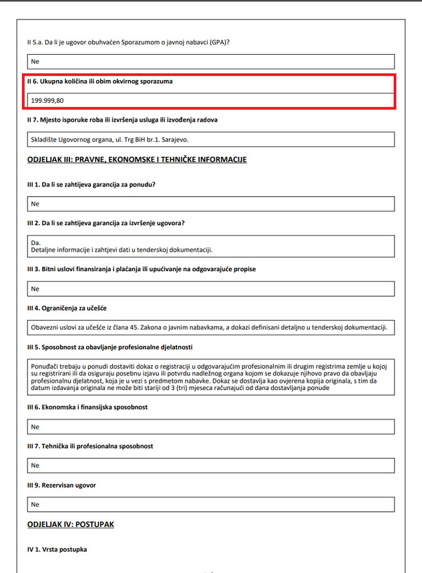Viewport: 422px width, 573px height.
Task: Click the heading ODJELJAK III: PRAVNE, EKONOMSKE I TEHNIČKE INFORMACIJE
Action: [x=137, y=160]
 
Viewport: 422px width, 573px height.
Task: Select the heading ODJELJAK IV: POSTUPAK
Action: [x=71, y=524]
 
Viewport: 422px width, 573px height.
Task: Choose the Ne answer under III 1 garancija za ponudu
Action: [x=35, y=204]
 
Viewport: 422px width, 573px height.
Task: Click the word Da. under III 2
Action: [x=36, y=242]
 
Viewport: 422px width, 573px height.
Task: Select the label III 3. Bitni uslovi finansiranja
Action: [x=141, y=269]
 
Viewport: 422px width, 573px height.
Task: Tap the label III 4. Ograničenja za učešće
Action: [x=67, y=308]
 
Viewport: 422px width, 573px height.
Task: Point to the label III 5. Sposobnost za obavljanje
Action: [x=110, y=347]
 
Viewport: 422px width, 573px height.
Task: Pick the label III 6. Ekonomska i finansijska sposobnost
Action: [x=87, y=407]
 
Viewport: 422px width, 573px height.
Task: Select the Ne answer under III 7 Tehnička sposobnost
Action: [x=35, y=465]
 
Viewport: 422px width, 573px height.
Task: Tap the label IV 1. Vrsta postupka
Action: [x=57, y=550]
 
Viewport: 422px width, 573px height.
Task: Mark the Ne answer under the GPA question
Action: [x=35, y=61]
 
